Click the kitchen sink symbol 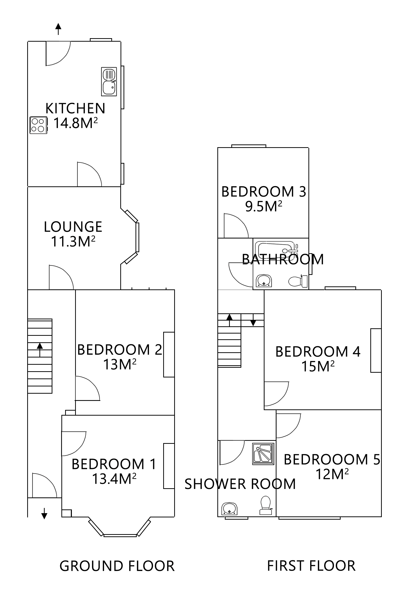(109, 82)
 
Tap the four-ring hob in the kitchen (38, 125)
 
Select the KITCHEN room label (75, 108)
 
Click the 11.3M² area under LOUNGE (73, 241)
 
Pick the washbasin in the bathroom (264, 280)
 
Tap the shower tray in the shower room (263, 454)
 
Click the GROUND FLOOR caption (117, 566)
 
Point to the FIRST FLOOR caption (311, 566)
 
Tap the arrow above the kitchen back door (58, 29)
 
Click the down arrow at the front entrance (44, 513)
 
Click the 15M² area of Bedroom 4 (318, 366)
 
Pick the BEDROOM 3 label (264, 192)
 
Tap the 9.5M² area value (264, 207)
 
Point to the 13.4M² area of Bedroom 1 (114, 478)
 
